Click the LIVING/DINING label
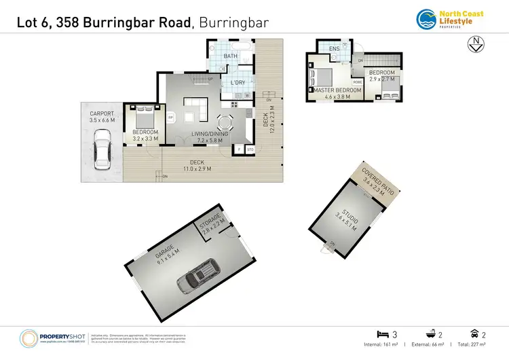click(210, 133)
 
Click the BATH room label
click(231, 56)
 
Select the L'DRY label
click(238, 83)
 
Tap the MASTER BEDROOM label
click(337, 90)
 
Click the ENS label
click(335, 50)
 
